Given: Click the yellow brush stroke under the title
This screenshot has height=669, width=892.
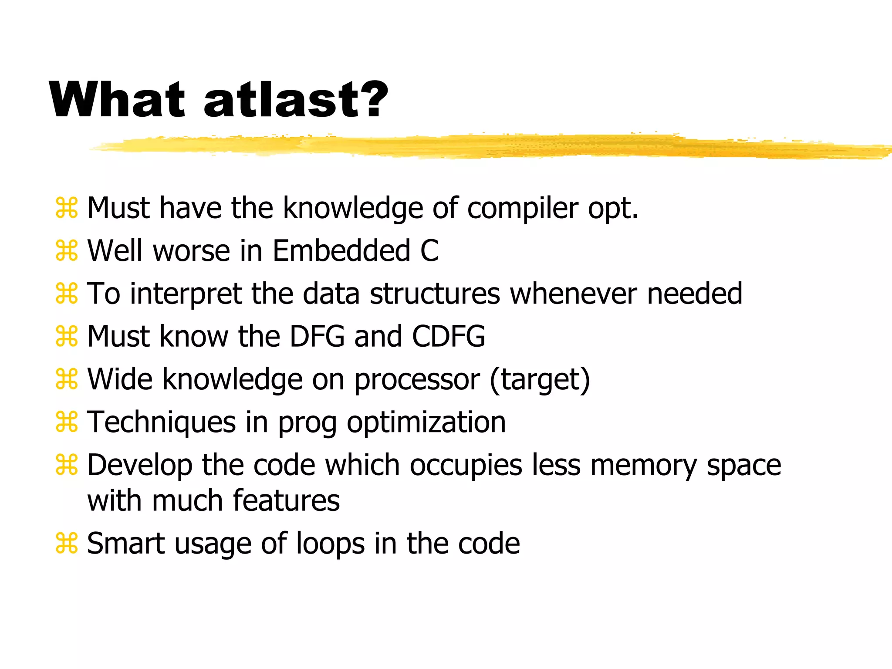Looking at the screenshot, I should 479,146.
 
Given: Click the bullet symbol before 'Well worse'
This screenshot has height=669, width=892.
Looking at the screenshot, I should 67,251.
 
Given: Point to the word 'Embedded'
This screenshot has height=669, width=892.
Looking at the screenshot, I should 341,251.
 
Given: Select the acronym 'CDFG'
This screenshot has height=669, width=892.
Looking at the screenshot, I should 449,336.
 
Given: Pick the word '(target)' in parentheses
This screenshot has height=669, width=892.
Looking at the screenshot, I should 540,379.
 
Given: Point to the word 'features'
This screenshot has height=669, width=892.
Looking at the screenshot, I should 286,500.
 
